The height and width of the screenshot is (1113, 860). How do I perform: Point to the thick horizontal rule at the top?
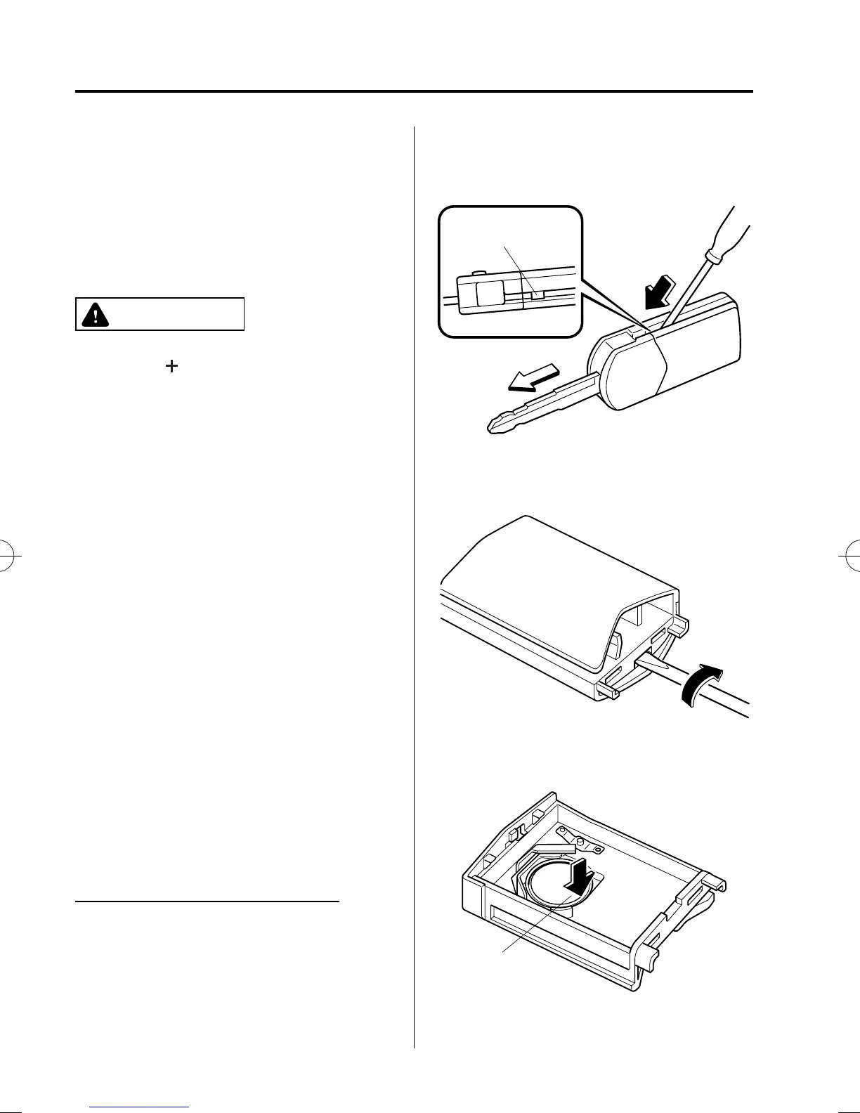(414, 91)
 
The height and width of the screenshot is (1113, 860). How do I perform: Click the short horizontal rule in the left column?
(207, 900)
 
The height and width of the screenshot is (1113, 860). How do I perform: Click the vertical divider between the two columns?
(415, 562)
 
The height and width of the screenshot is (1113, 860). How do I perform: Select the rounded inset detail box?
(511, 271)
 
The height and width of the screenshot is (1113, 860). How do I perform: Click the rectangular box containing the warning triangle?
(159, 314)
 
